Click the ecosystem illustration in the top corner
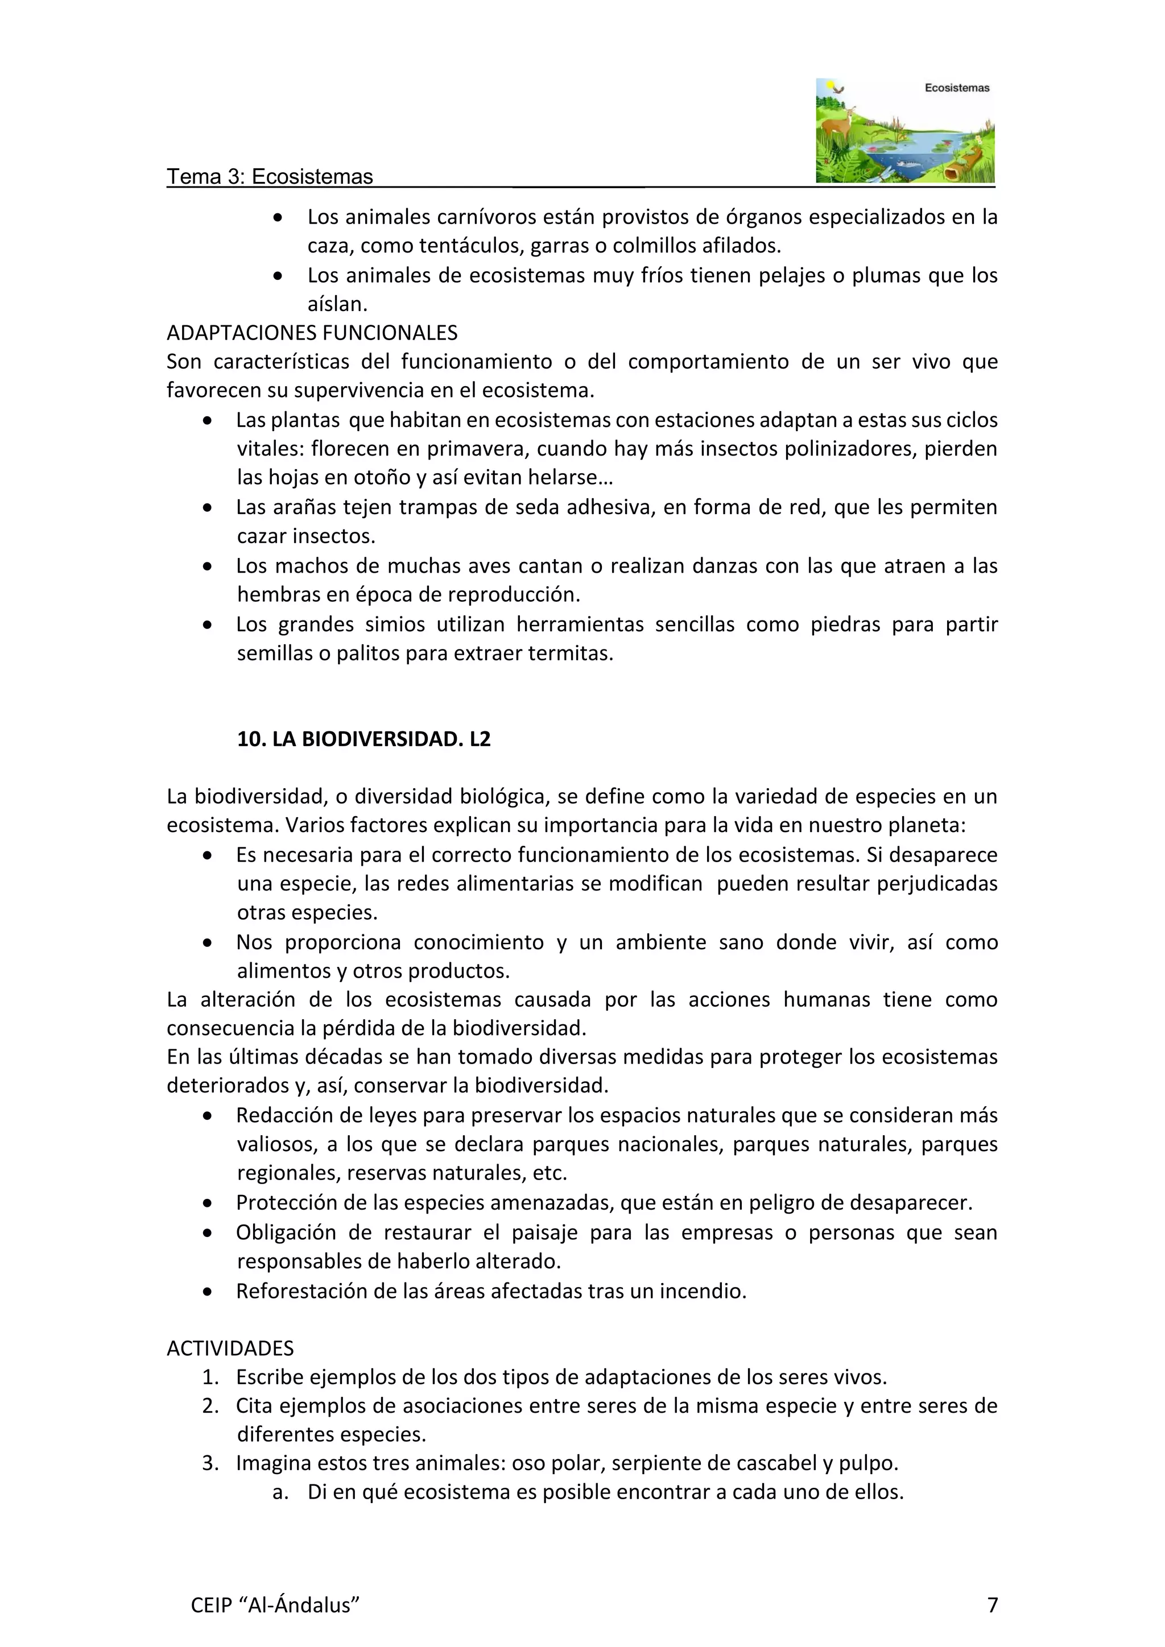coord(904,131)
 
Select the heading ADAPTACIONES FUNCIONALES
coord(312,333)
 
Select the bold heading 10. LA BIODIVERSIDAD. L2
coord(363,739)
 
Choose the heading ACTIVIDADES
coord(230,1348)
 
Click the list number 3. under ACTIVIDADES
coord(210,1463)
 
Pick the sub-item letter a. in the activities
coord(280,1492)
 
